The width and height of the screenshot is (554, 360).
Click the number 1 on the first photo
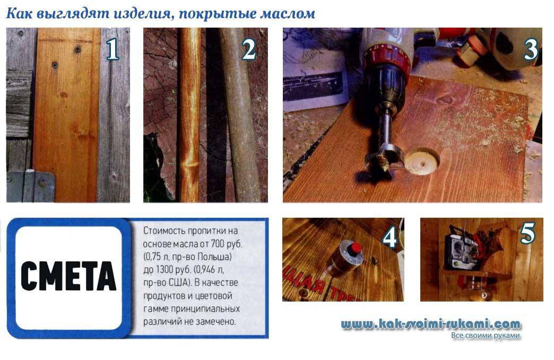click(112, 49)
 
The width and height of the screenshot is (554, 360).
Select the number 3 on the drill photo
click(531, 49)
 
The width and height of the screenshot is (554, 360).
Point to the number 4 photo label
click(389, 237)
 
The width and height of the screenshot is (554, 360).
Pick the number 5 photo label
click(527, 234)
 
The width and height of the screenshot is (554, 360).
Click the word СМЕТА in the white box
click(68, 276)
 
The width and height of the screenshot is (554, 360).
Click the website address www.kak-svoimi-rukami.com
click(431, 324)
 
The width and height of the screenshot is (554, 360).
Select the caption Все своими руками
click(486, 335)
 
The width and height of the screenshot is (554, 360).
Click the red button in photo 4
click(354, 248)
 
